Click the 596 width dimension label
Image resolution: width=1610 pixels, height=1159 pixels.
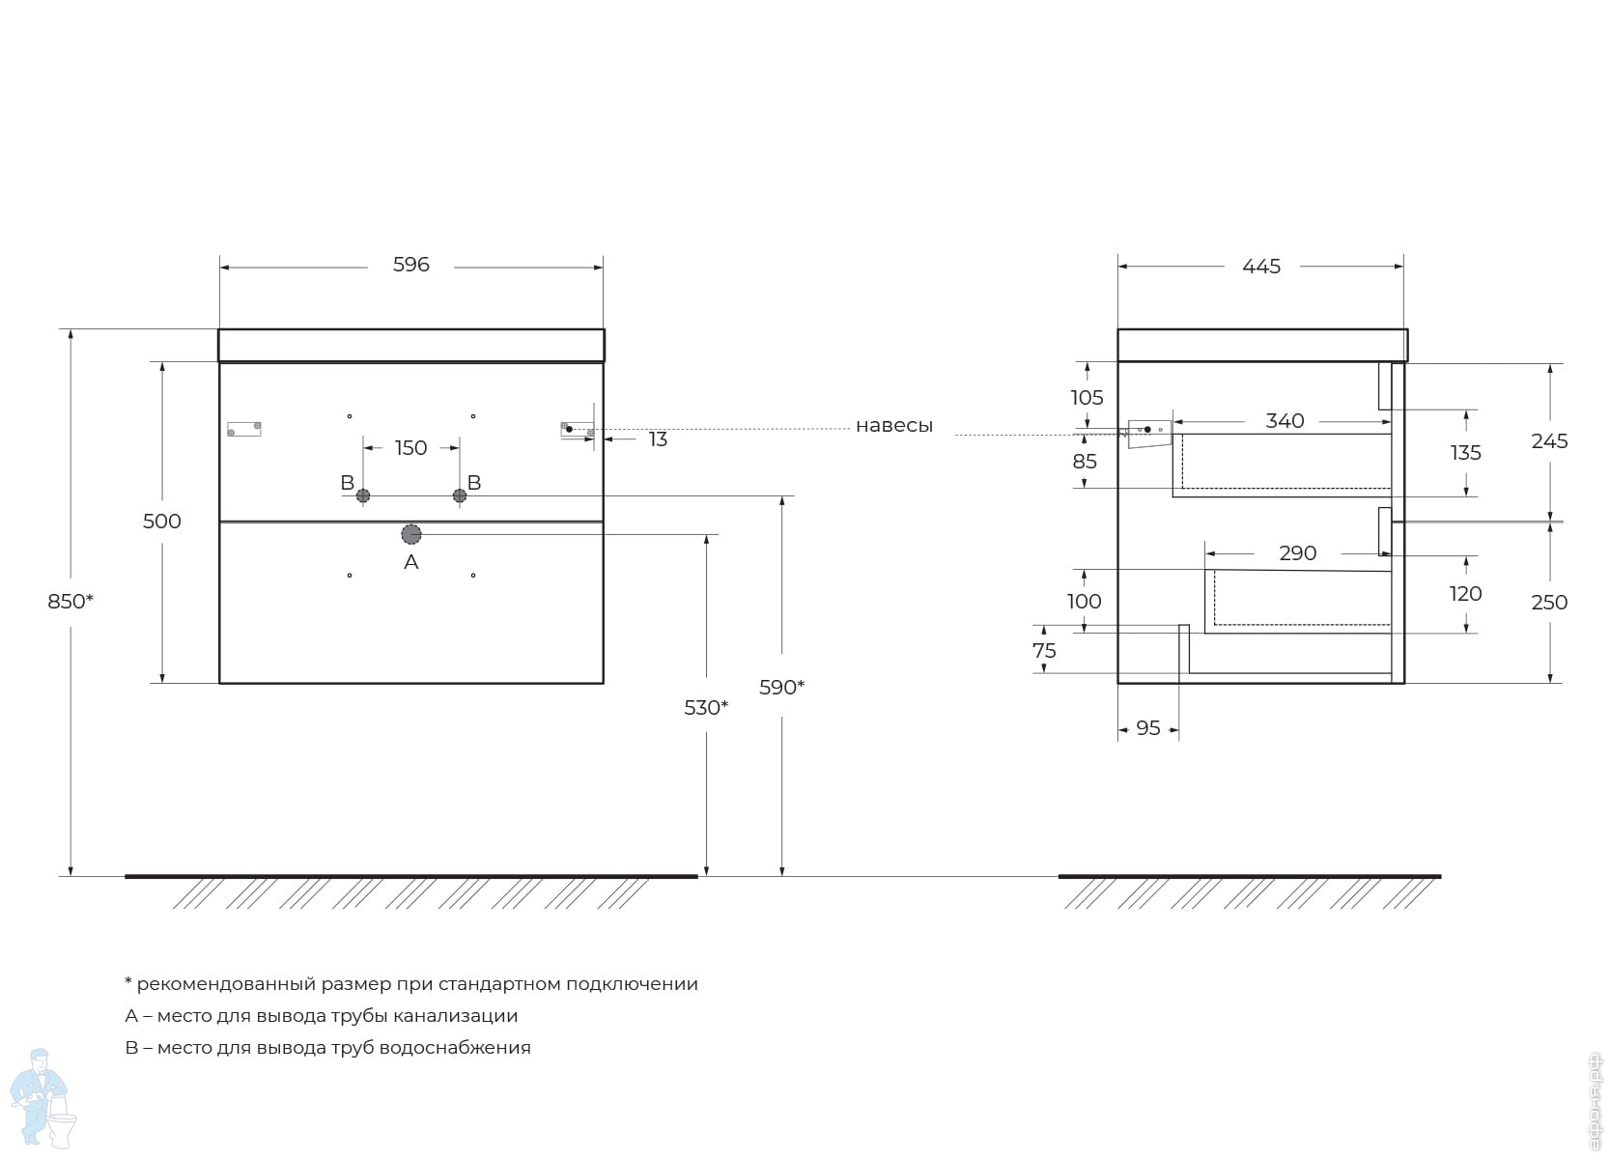tap(410, 265)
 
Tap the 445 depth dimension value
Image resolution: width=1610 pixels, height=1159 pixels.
tap(1261, 267)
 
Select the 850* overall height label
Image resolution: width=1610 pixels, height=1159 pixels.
tap(71, 601)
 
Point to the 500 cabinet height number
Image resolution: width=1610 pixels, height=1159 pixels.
tap(161, 522)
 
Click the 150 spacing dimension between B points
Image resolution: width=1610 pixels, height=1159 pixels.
tap(410, 448)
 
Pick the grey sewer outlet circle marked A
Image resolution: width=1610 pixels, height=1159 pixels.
tap(411, 534)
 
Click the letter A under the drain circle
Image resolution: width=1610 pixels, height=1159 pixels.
tap(411, 562)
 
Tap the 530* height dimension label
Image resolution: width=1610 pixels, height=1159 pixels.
tap(706, 708)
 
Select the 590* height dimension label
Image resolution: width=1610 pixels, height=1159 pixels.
tap(782, 688)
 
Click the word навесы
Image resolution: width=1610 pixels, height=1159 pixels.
tap(894, 426)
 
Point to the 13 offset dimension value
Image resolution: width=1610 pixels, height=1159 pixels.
tap(658, 439)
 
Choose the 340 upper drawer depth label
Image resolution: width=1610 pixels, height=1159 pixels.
tap(1285, 420)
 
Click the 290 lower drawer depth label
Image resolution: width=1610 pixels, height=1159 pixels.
tap(1297, 552)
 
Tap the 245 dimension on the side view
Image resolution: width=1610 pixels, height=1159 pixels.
tap(1549, 440)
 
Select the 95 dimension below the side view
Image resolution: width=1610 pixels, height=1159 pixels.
tap(1147, 728)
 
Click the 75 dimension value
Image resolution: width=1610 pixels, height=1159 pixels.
tap(1044, 651)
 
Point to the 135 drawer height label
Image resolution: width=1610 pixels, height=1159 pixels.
tap(1465, 453)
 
